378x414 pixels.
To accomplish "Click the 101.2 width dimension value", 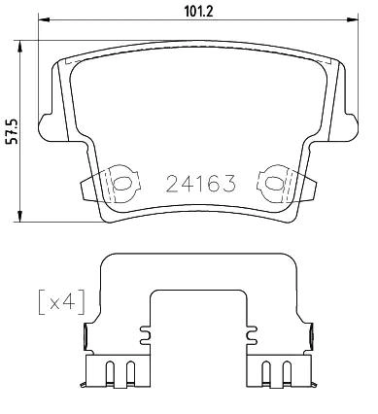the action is click(198, 12).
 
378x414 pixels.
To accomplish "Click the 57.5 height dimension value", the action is click(14, 131).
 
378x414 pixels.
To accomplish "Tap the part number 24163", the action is click(200, 184).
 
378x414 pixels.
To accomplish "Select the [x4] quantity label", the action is click(61, 302).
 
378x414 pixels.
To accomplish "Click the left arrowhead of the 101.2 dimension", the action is click(44, 20).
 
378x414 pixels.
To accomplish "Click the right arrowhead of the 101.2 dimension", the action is click(353, 20).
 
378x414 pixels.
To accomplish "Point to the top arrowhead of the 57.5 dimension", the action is click(20, 46).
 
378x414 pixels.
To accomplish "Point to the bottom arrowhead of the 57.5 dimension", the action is click(20, 217).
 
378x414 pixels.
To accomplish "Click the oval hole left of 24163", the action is click(121, 184).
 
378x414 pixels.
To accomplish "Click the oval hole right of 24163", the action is click(272, 184).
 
